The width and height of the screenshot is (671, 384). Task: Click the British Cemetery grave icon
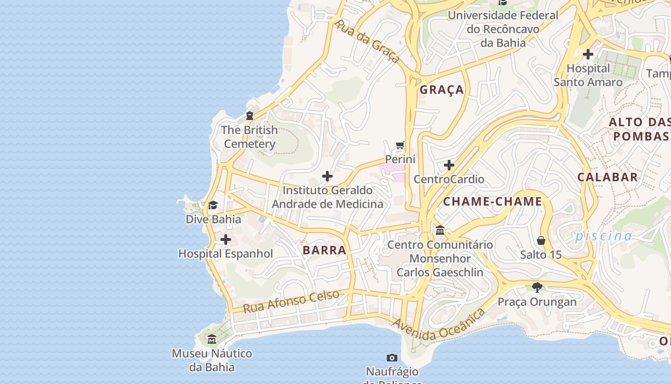pos(249,116)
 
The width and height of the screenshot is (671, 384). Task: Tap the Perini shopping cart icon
pos(400,145)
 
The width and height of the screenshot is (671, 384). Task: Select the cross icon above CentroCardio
pos(449,165)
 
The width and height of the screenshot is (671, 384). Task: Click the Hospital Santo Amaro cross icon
pos(588,54)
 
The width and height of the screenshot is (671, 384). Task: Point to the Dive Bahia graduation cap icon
pos(213,205)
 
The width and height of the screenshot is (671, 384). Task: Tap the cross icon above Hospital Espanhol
pos(225,240)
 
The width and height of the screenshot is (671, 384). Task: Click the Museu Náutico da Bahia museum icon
pos(212,340)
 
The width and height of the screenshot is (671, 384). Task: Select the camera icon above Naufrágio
pos(392,358)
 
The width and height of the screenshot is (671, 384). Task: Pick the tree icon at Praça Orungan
pos(537,288)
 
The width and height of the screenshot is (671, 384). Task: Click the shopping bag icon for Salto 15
pos(541,240)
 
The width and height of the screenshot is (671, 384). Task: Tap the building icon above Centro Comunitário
pos(440,230)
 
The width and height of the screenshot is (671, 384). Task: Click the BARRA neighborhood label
pos(324,250)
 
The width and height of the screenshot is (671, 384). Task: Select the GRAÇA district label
pos(442,90)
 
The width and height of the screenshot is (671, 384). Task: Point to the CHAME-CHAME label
pos(492,202)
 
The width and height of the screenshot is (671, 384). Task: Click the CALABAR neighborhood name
pos(608,177)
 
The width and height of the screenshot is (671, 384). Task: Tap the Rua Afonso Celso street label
pos(291,301)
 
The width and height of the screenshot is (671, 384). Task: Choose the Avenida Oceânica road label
pos(439,326)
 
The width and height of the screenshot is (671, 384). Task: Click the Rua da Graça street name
pos(367,41)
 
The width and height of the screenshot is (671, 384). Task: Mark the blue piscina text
pos(603,236)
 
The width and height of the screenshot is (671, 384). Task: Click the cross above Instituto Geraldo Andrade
pos(327,177)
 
